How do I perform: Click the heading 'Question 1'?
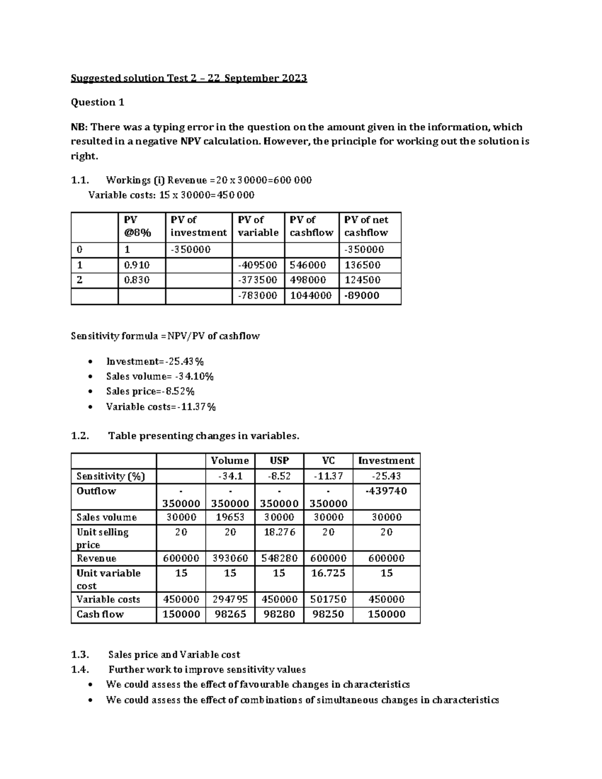pos(97,102)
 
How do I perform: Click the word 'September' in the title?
pos(252,78)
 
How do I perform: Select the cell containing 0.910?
pos(137,265)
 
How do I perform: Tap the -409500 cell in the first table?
pos(257,265)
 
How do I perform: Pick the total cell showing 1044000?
pos(311,295)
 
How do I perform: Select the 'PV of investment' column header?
pos(198,226)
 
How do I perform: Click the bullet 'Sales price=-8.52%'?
pos(150,391)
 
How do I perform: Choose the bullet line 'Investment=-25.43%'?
pos(155,362)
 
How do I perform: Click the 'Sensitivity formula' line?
pos(165,336)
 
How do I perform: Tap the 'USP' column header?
pos(279,460)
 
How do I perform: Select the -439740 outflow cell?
pos(386,491)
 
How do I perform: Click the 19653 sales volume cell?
pos(230,517)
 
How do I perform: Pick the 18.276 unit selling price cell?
pos(279,532)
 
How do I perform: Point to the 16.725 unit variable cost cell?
pos(328,573)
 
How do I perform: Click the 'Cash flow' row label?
pos(100,614)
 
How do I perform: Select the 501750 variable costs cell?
pos(328,599)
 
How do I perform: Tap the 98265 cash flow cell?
pos(230,614)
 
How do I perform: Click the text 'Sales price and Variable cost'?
pos(174,655)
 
